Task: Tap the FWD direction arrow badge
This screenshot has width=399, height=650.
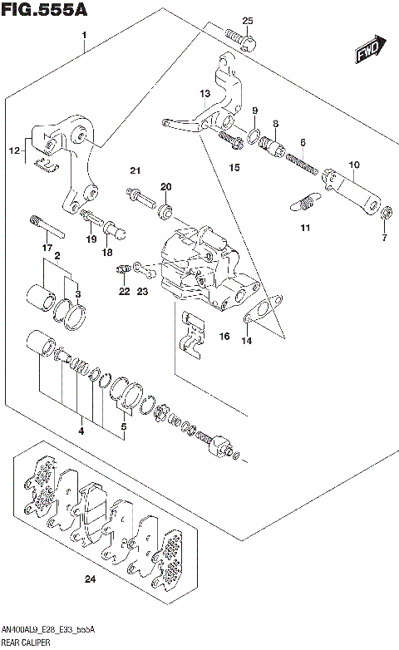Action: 367,52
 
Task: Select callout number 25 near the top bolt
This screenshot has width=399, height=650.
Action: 246,21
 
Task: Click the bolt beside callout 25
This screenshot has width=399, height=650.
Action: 241,38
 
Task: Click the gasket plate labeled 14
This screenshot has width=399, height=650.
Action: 257,316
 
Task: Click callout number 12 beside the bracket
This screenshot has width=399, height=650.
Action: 13,150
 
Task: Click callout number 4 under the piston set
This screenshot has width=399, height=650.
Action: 81,430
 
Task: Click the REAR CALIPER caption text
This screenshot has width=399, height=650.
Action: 26,643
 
